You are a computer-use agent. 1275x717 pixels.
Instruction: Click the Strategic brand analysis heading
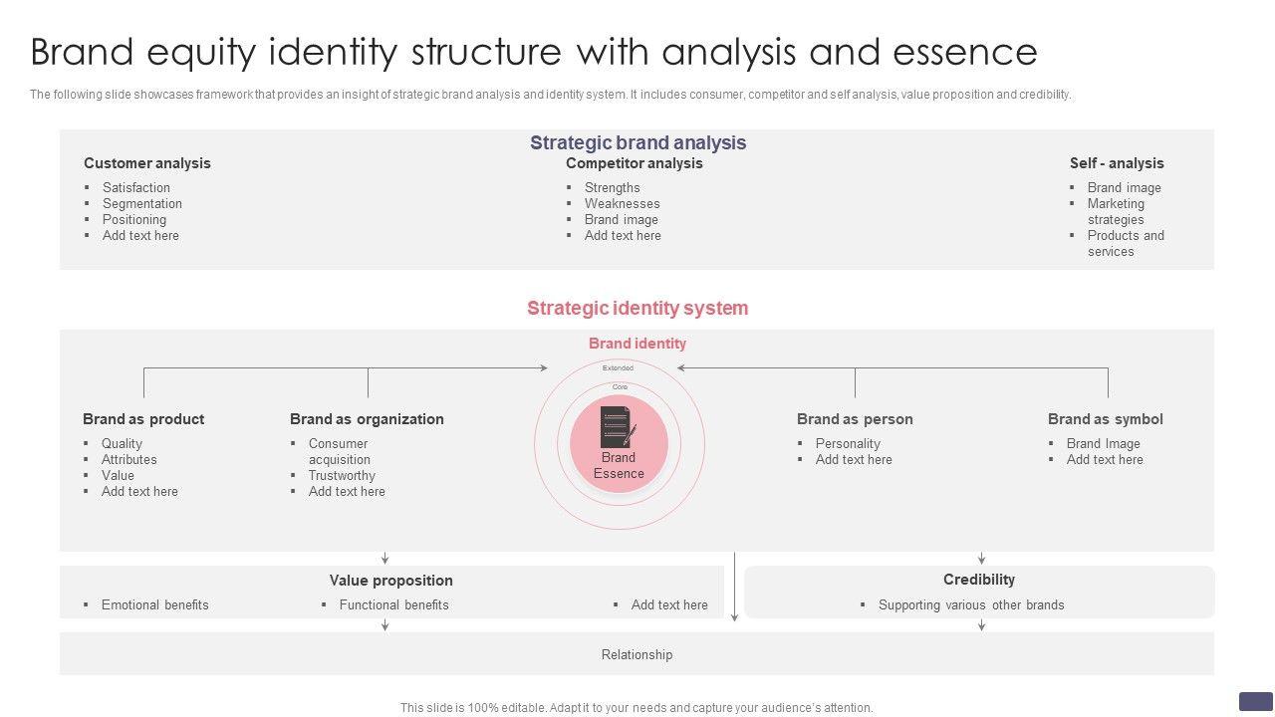coord(637,142)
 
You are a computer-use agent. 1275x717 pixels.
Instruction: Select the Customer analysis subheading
coord(146,163)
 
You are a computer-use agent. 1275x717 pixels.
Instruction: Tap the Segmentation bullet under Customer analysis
coord(141,203)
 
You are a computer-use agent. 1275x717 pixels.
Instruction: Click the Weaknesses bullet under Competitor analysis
coord(622,203)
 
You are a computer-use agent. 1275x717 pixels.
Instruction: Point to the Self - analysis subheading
coord(1116,163)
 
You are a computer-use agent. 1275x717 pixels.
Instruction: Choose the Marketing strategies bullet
coord(1116,211)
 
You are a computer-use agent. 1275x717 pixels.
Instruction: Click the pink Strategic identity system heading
coord(637,308)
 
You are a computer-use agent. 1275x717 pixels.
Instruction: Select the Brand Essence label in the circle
coord(619,465)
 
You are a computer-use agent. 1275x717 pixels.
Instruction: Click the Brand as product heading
coord(143,419)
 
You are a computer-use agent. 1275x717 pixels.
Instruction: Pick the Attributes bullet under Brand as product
coord(128,459)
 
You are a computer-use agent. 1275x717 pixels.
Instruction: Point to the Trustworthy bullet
coord(342,475)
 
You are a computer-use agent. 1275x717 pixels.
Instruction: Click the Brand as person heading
coord(855,419)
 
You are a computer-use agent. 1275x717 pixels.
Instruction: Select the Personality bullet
coord(848,443)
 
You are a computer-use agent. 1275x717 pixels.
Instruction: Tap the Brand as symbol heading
coord(1105,419)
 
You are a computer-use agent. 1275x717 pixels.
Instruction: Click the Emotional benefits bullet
coord(154,604)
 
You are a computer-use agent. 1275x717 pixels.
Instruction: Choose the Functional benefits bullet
coord(393,604)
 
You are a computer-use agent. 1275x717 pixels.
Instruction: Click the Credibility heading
coord(979,580)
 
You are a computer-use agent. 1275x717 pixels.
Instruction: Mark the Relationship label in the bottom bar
coord(637,654)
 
